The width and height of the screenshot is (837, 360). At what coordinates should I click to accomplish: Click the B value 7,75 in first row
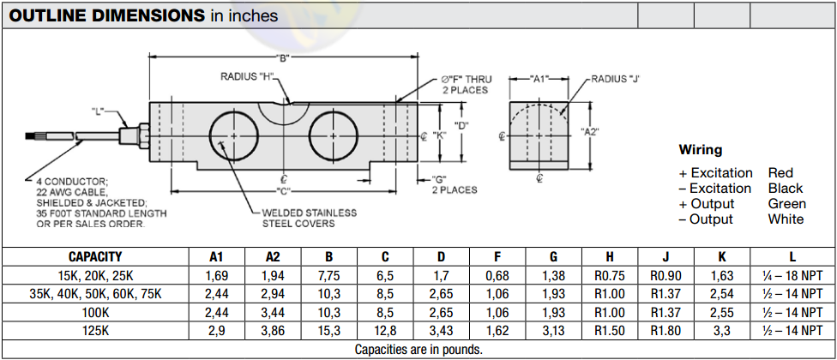click(x=328, y=275)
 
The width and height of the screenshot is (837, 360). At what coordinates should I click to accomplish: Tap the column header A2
click(x=273, y=256)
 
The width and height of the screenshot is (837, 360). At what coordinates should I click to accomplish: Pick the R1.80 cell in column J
click(x=665, y=329)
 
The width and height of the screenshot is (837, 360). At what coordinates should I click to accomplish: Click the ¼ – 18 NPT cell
click(x=792, y=275)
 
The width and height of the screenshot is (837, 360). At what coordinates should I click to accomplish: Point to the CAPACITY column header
click(x=95, y=256)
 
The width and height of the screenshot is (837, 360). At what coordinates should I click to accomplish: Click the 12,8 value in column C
click(x=385, y=329)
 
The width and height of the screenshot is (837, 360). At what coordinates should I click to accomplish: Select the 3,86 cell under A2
click(x=273, y=329)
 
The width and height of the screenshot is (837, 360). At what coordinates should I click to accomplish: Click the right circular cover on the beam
click(x=335, y=135)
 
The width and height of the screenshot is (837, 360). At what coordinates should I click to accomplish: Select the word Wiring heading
click(x=700, y=150)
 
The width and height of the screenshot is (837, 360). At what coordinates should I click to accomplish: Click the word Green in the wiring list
click(x=786, y=203)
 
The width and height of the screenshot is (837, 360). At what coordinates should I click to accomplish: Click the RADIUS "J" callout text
click(x=616, y=78)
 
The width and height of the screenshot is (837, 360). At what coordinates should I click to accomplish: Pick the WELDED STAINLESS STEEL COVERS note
click(x=310, y=218)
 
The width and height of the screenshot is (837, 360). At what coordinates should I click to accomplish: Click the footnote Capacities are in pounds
click(x=418, y=349)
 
